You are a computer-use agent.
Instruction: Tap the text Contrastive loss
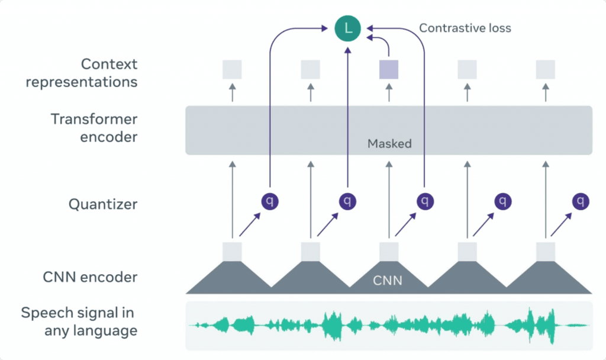coord(465,28)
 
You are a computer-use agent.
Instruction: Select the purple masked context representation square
coord(389,70)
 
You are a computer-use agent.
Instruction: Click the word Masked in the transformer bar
coord(389,143)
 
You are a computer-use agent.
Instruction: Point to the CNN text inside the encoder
coord(388,279)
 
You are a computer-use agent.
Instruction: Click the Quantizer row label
coord(103,204)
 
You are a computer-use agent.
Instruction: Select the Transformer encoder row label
coord(94,128)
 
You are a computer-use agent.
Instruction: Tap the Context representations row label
coord(82,73)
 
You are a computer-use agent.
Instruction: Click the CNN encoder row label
coord(91,277)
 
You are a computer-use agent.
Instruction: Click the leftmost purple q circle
coord(270,201)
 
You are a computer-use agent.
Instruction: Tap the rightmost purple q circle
coord(581,201)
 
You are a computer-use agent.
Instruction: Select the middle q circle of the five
coord(425,201)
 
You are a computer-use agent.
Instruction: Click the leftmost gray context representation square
coord(232,70)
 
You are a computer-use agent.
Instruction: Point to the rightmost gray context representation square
coord(546,70)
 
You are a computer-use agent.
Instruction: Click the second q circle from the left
coord(347,201)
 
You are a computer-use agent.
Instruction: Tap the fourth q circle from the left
coord(503,201)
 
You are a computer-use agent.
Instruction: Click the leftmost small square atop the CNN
coord(232,251)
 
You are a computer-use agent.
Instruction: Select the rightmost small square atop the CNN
coord(546,251)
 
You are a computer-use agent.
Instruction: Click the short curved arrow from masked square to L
coord(386,43)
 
